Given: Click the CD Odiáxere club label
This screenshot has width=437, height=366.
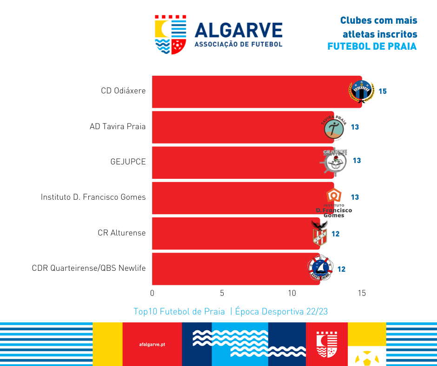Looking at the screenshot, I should (x=123, y=91).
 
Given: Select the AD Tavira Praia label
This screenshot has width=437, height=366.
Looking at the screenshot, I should (x=118, y=126).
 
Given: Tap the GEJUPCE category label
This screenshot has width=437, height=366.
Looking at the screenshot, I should (x=128, y=162).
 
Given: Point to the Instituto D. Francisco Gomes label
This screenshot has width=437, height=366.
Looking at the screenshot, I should (x=93, y=197).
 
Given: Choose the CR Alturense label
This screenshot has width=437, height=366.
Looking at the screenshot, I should (x=122, y=233).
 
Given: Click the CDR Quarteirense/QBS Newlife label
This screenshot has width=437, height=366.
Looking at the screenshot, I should (x=89, y=268).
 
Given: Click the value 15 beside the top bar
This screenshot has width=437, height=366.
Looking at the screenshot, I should (x=383, y=91).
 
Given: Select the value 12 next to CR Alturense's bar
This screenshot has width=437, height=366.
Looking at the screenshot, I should (x=335, y=234).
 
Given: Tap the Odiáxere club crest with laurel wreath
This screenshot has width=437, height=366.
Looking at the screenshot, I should (x=361, y=91).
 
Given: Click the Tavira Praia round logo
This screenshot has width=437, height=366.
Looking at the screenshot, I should (x=334, y=127).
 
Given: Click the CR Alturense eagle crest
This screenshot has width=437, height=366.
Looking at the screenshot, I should (x=319, y=233).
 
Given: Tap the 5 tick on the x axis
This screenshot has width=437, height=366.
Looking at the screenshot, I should (x=222, y=294).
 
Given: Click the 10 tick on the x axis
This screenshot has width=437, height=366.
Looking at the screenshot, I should (x=292, y=294).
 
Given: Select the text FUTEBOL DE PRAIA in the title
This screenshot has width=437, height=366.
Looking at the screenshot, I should (x=372, y=47).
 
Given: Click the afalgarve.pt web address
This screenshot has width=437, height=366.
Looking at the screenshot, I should (x=152, y=344).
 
